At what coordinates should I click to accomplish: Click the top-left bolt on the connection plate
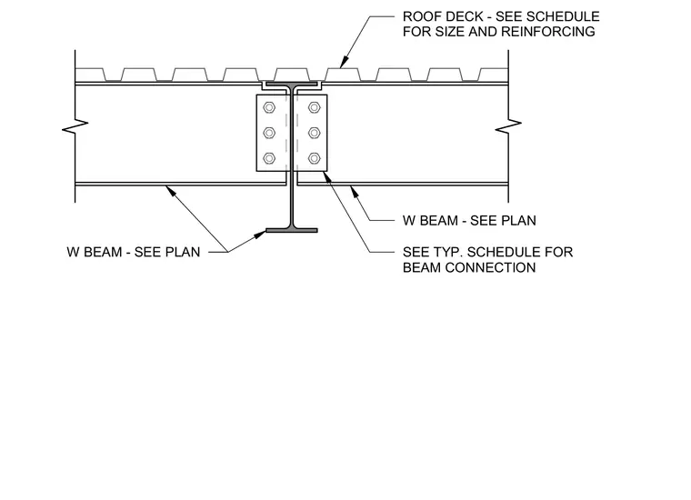[x=269, y=107]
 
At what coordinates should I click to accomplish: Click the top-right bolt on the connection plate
[x=315, y=107]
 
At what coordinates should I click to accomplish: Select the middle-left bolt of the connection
[x=269, y=133]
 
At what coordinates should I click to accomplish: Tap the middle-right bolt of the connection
[x=315, y=133]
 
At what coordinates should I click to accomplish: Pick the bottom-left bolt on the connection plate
[x=269, y=158]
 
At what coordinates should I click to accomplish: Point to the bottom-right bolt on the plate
[x=315, y=158]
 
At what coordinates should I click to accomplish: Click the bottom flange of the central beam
[x=292, y=230]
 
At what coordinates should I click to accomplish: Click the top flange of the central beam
[x=292, y=84]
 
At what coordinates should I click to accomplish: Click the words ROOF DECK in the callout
[x=443, y=16]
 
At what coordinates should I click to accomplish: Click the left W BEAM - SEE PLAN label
[x=134, y=252]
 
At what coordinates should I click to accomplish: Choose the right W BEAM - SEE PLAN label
[x=469, y=220]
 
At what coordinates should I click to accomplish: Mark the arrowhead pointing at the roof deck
[x=345, y=63]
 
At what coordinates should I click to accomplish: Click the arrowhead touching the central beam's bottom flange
[x=261, y=235]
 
